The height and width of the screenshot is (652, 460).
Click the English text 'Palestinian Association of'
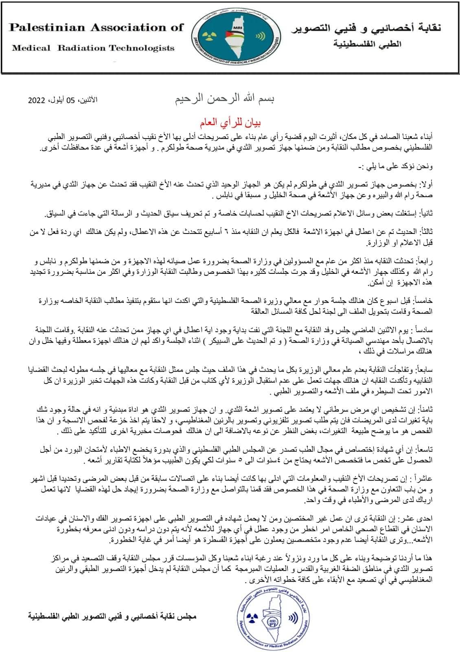coord(96,28)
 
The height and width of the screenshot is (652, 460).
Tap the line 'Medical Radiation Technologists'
coord(93,48)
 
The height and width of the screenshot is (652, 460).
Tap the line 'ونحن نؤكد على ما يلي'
coord(400,166)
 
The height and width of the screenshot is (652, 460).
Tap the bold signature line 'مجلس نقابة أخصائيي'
coord(112,616)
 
